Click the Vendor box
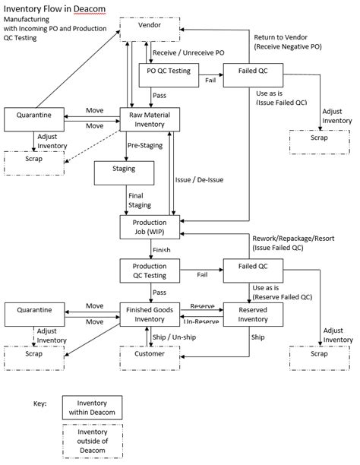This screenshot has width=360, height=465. pyautogui.click(x=151, y=27)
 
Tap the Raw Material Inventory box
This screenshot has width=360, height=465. pyautogui.click(x=151, y=119)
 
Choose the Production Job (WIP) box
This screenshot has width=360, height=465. pyautogui.click(x=151, y=226)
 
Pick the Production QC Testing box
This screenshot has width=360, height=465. pyautogui.click(x=151, y=270)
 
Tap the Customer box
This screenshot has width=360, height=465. pyautogui.click(x=151, y=354)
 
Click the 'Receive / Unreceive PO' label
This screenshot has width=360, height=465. pyautogui.click(x=188, y=53)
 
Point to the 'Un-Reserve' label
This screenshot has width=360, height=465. pyautogui.click(x=203, y=321)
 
